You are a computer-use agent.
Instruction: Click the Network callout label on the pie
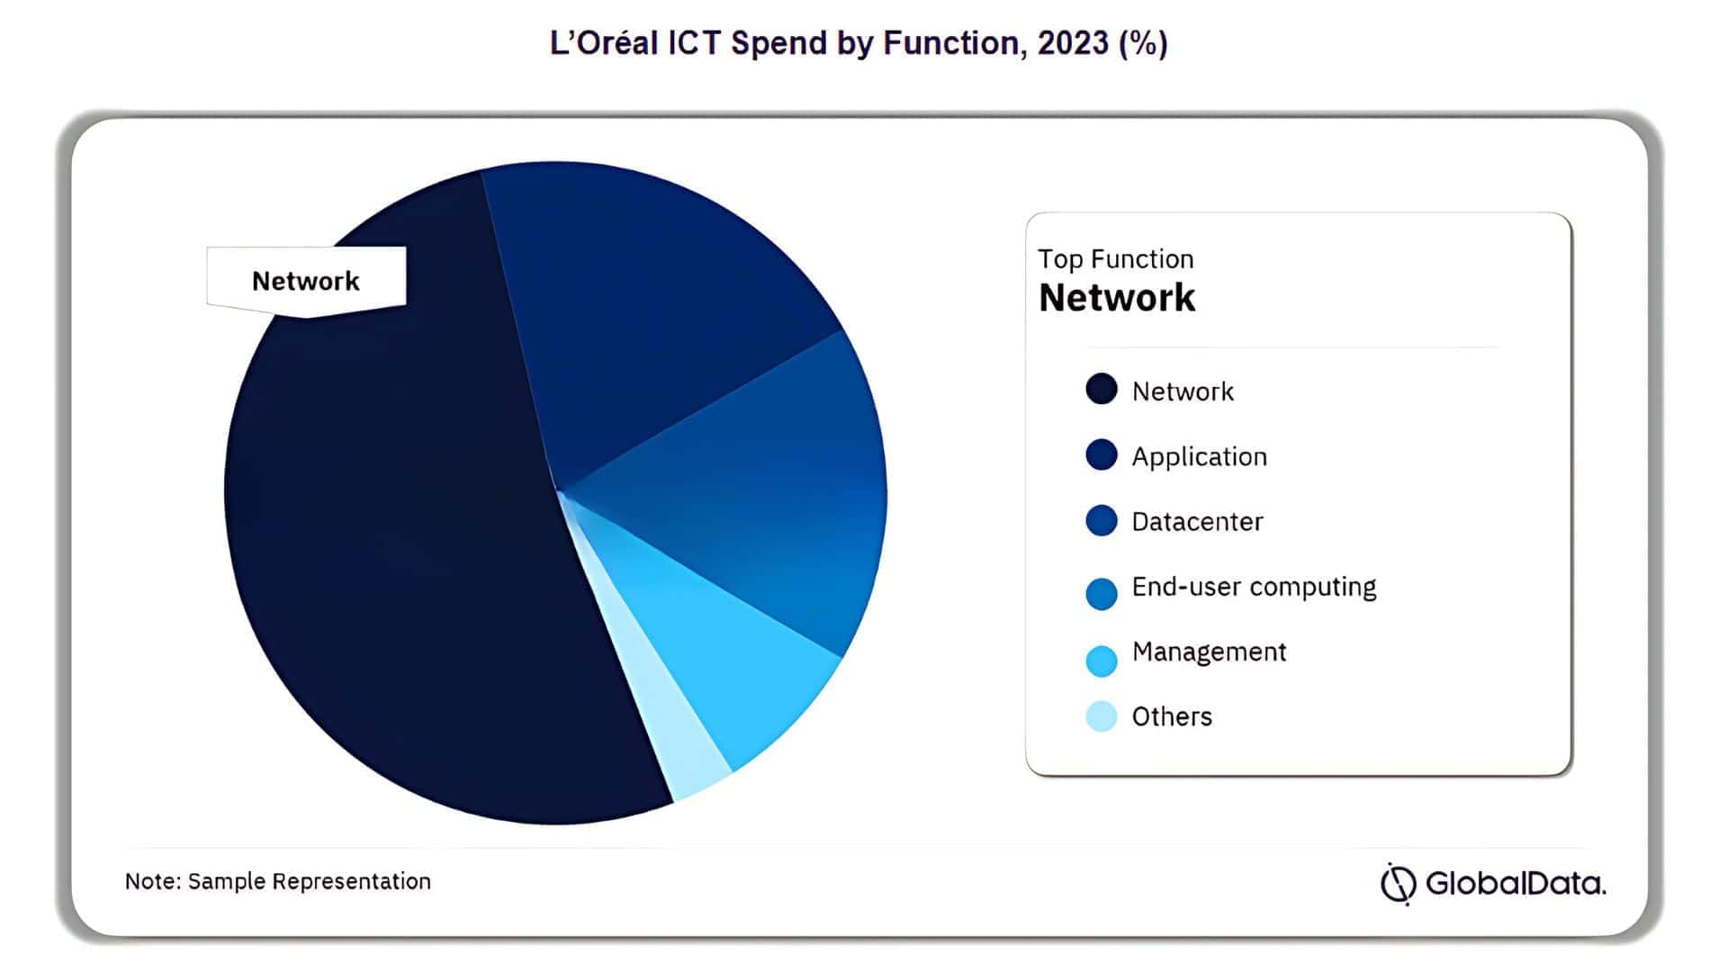306,281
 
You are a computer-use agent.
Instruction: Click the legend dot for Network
1101,390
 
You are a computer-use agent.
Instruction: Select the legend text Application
1199,456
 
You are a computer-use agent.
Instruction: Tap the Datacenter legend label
1197,521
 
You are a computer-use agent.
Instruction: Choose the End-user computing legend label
1254,587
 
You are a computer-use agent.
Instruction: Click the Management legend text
1209,652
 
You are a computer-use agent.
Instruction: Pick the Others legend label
1172,716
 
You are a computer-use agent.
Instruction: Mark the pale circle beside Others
1101,716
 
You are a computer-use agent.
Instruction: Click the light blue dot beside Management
1101,661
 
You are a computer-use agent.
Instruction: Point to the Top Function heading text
1115,259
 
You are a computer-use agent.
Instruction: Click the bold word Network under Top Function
1117,298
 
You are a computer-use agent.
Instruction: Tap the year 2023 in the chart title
1073,43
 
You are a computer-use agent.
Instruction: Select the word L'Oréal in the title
604,43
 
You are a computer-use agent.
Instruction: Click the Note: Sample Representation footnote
277,881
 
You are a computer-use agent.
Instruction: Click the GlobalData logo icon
1399,883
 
